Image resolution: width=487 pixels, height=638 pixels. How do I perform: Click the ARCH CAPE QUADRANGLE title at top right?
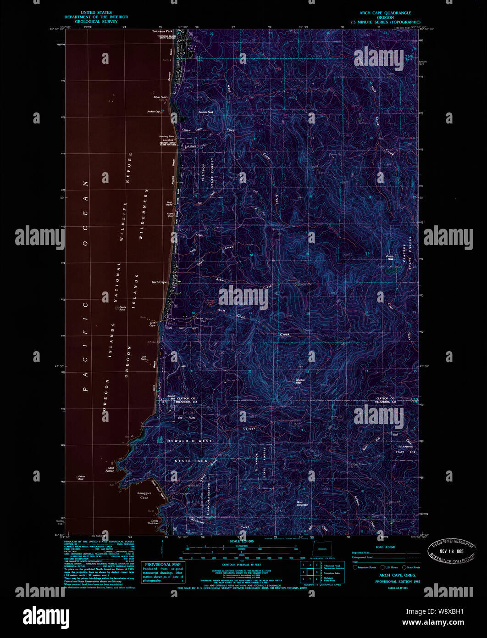click(x=385, y=13)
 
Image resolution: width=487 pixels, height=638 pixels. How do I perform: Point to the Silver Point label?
click(x=160, y=97)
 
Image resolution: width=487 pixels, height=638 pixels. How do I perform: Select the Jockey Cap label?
click(x=153, y=112)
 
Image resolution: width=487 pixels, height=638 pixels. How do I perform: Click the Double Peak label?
click(x=205, y=112)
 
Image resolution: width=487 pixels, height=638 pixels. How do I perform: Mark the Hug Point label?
click(x=169, y=203)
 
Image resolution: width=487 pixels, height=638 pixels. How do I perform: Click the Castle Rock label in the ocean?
click(x=122, y=308)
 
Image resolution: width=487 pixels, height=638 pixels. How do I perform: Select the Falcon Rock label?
click(x=82, y=478)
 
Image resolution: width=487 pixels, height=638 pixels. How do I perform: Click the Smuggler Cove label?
click(x=144, y=495)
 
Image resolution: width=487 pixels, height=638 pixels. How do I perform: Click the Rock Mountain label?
click(x=302, y=504)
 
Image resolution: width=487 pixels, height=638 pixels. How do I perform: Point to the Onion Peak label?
click(x=390, y=258)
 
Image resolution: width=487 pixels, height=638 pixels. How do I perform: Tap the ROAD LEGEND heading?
click(x=385, y=547)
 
